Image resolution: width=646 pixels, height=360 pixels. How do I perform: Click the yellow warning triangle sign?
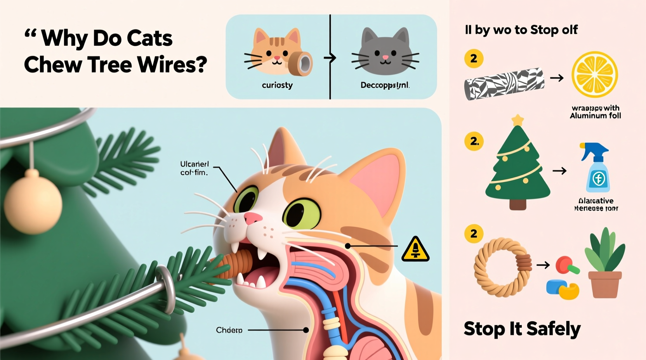(415, 249)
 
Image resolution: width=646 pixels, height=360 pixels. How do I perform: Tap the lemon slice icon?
(594, 74)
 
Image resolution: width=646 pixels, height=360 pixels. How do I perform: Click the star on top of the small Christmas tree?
(517, 120)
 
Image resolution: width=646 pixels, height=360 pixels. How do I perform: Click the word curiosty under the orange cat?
(277, 85)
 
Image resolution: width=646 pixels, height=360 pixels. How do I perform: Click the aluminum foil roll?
(504, 83)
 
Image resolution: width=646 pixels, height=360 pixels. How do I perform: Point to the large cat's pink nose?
(253, 218)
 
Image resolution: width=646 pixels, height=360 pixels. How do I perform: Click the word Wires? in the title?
(172, 64)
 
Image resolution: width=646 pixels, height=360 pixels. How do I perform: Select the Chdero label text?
(229, 330)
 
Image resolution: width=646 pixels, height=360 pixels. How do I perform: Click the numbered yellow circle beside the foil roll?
(474, 59)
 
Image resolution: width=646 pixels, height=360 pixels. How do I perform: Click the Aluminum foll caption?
(595, 116)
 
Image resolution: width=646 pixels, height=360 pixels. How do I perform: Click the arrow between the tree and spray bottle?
(559, 171)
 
